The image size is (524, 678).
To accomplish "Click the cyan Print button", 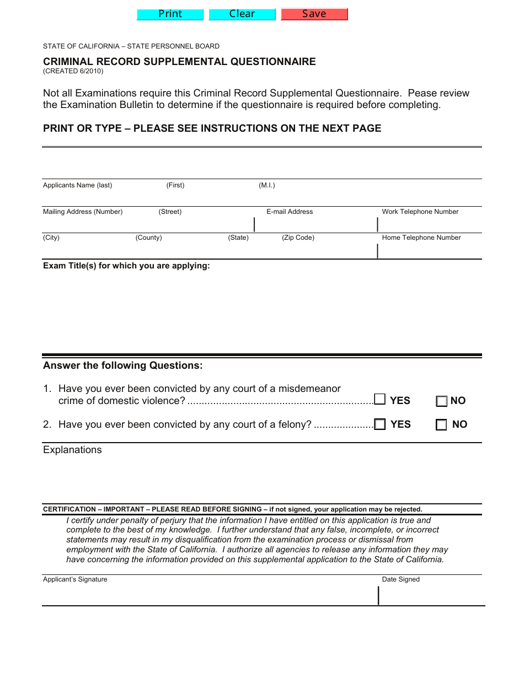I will click(x=170, y=14).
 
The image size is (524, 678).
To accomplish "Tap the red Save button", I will click(x=314, y=14).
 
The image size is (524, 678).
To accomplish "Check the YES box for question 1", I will click(x=380, y=399).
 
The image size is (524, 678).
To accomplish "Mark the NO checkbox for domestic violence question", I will click(x=442, y=401).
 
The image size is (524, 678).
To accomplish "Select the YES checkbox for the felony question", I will click(x=380, y=424).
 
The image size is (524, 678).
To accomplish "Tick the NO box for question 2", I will click(x=441, y=425).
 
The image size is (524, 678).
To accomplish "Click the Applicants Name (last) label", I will click(x=77, y=185).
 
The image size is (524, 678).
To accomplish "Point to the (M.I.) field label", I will click(x=267, y=185).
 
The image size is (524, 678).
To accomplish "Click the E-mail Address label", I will click(x=290, y=212).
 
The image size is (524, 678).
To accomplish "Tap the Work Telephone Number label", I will click(x=420, y=212).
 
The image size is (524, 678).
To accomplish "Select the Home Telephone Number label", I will click(x=421, y=238).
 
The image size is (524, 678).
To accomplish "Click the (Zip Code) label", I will click(x=298, y=238).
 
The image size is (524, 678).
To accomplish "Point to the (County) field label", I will click(x=149, y=238).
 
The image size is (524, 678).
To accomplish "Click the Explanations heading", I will click(x=72, y=450).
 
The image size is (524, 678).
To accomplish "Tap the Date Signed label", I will click(x=401, y=579).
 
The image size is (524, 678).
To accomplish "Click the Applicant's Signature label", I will click(x=75, y=579).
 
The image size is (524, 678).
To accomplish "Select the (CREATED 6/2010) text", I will click(x=73, y=71).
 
